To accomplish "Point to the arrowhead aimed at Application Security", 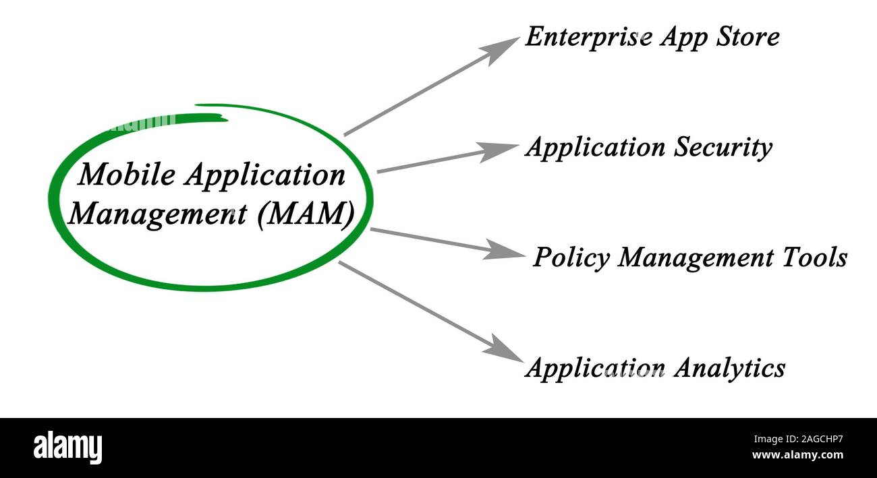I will coord(499,151).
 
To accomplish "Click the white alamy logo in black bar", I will coord(67,448).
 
